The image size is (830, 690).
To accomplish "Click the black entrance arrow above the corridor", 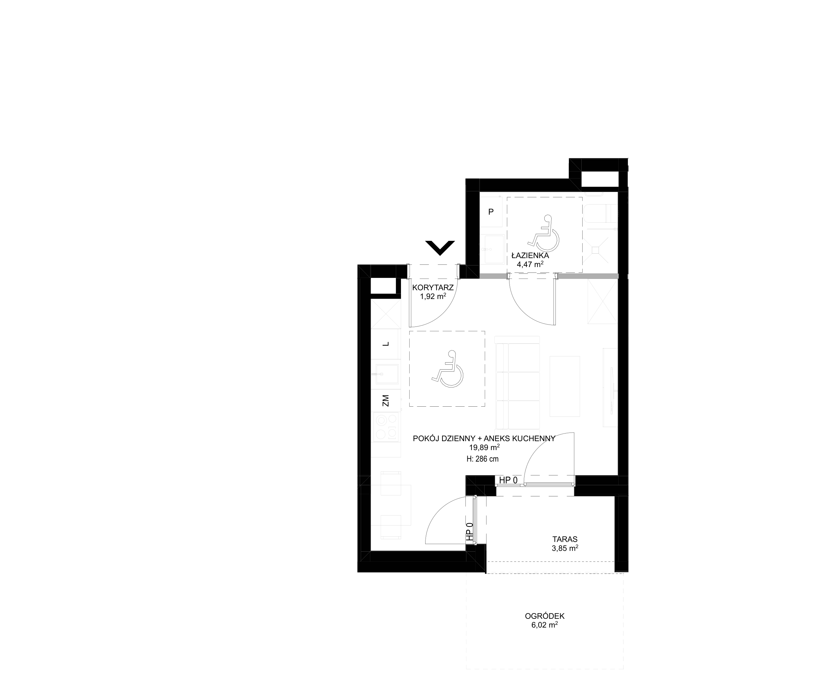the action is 440,248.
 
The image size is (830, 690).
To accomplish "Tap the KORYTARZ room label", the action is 433,288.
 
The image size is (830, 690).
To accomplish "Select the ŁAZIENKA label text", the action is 530,256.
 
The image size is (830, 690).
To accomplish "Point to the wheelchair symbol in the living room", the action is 447,369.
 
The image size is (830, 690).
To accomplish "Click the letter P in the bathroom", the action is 491,212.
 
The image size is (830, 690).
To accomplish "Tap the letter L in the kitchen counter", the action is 386,344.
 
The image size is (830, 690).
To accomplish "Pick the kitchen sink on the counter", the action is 387,374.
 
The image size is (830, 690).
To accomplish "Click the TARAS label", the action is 565,539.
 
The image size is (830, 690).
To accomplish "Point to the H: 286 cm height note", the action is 483,459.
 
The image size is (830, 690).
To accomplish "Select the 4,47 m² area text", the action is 530,264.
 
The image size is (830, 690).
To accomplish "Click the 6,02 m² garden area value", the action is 545,625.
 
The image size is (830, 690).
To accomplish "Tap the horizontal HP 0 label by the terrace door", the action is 508,480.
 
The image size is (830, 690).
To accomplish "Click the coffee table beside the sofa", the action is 565,386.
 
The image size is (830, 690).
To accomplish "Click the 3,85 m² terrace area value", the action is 565,548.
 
